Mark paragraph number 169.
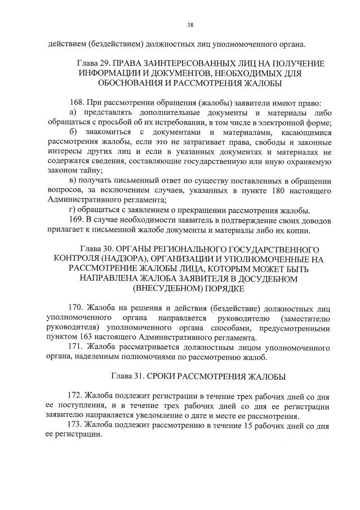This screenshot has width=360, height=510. coord(74,219)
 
